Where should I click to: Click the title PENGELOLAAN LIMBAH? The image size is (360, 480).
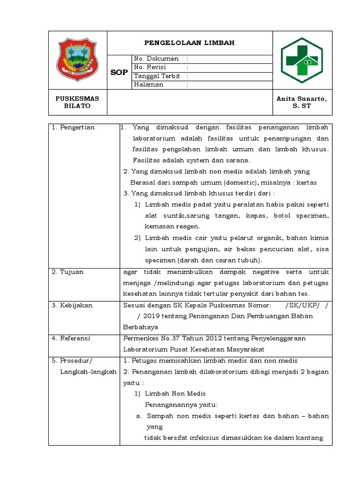pyautogui.click(x=189, y=43)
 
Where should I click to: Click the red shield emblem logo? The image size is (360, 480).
pyautogui.click(x=78, y=60)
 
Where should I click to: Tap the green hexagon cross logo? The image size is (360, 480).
pyautogui.click(x=302, y=60)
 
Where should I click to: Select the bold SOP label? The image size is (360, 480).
pyautogui.click(x=119, y=72)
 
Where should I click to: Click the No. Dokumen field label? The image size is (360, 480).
pyautogui.click(x=156, y=59)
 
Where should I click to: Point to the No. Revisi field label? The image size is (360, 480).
pyautogui.click(x=150, y=67)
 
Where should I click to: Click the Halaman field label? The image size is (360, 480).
pyautogui.click(x=149, y=85)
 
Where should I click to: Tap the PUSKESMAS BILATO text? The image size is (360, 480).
pyautogui.click(x=77, y=102)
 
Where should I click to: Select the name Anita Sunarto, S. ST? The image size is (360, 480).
pyautogui.click(x=302, y=102)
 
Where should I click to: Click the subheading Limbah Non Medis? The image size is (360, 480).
pyautogui.click(x=175, y=393)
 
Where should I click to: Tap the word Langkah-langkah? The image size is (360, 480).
pyautogui.click(x=87, y=371)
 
